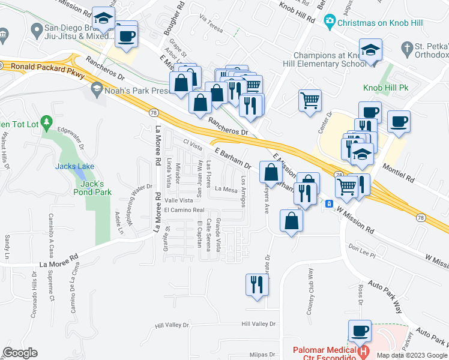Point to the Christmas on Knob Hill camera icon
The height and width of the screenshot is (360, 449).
[x=328, y=22]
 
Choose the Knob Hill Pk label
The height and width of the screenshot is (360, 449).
[x=385, y=88]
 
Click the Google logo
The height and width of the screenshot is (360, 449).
[x=20, y=353]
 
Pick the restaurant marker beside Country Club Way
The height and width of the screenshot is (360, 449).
[x=258, y=284]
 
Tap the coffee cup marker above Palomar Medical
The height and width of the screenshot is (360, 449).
[x=360, y=331]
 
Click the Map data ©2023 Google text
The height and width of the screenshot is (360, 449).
[x=411, y=355]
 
